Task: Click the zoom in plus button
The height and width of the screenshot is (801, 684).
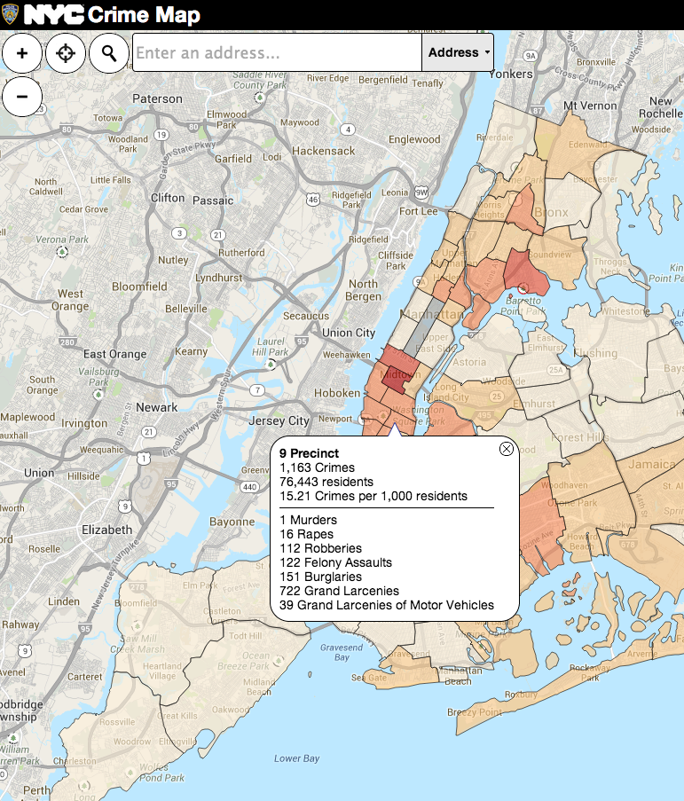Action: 22,53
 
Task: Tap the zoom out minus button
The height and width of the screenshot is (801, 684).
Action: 22,96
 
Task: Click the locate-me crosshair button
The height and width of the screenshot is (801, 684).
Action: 66,53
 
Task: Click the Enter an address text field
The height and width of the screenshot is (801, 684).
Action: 277,53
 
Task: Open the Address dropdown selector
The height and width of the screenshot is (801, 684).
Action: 458,53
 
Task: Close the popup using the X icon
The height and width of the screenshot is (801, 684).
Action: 507,449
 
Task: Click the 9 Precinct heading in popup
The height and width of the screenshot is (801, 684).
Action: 309,453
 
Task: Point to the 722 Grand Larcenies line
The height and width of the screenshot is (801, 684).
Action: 339,591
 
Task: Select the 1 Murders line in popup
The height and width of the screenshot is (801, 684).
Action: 307,520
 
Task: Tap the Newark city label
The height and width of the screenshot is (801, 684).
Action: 156,408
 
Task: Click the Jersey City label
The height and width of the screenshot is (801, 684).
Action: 279,421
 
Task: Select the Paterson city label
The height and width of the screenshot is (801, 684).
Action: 157,99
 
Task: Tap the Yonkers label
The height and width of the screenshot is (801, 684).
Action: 510,75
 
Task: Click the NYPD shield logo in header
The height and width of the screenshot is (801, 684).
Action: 10,14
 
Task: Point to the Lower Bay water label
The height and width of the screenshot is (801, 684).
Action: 296,758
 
